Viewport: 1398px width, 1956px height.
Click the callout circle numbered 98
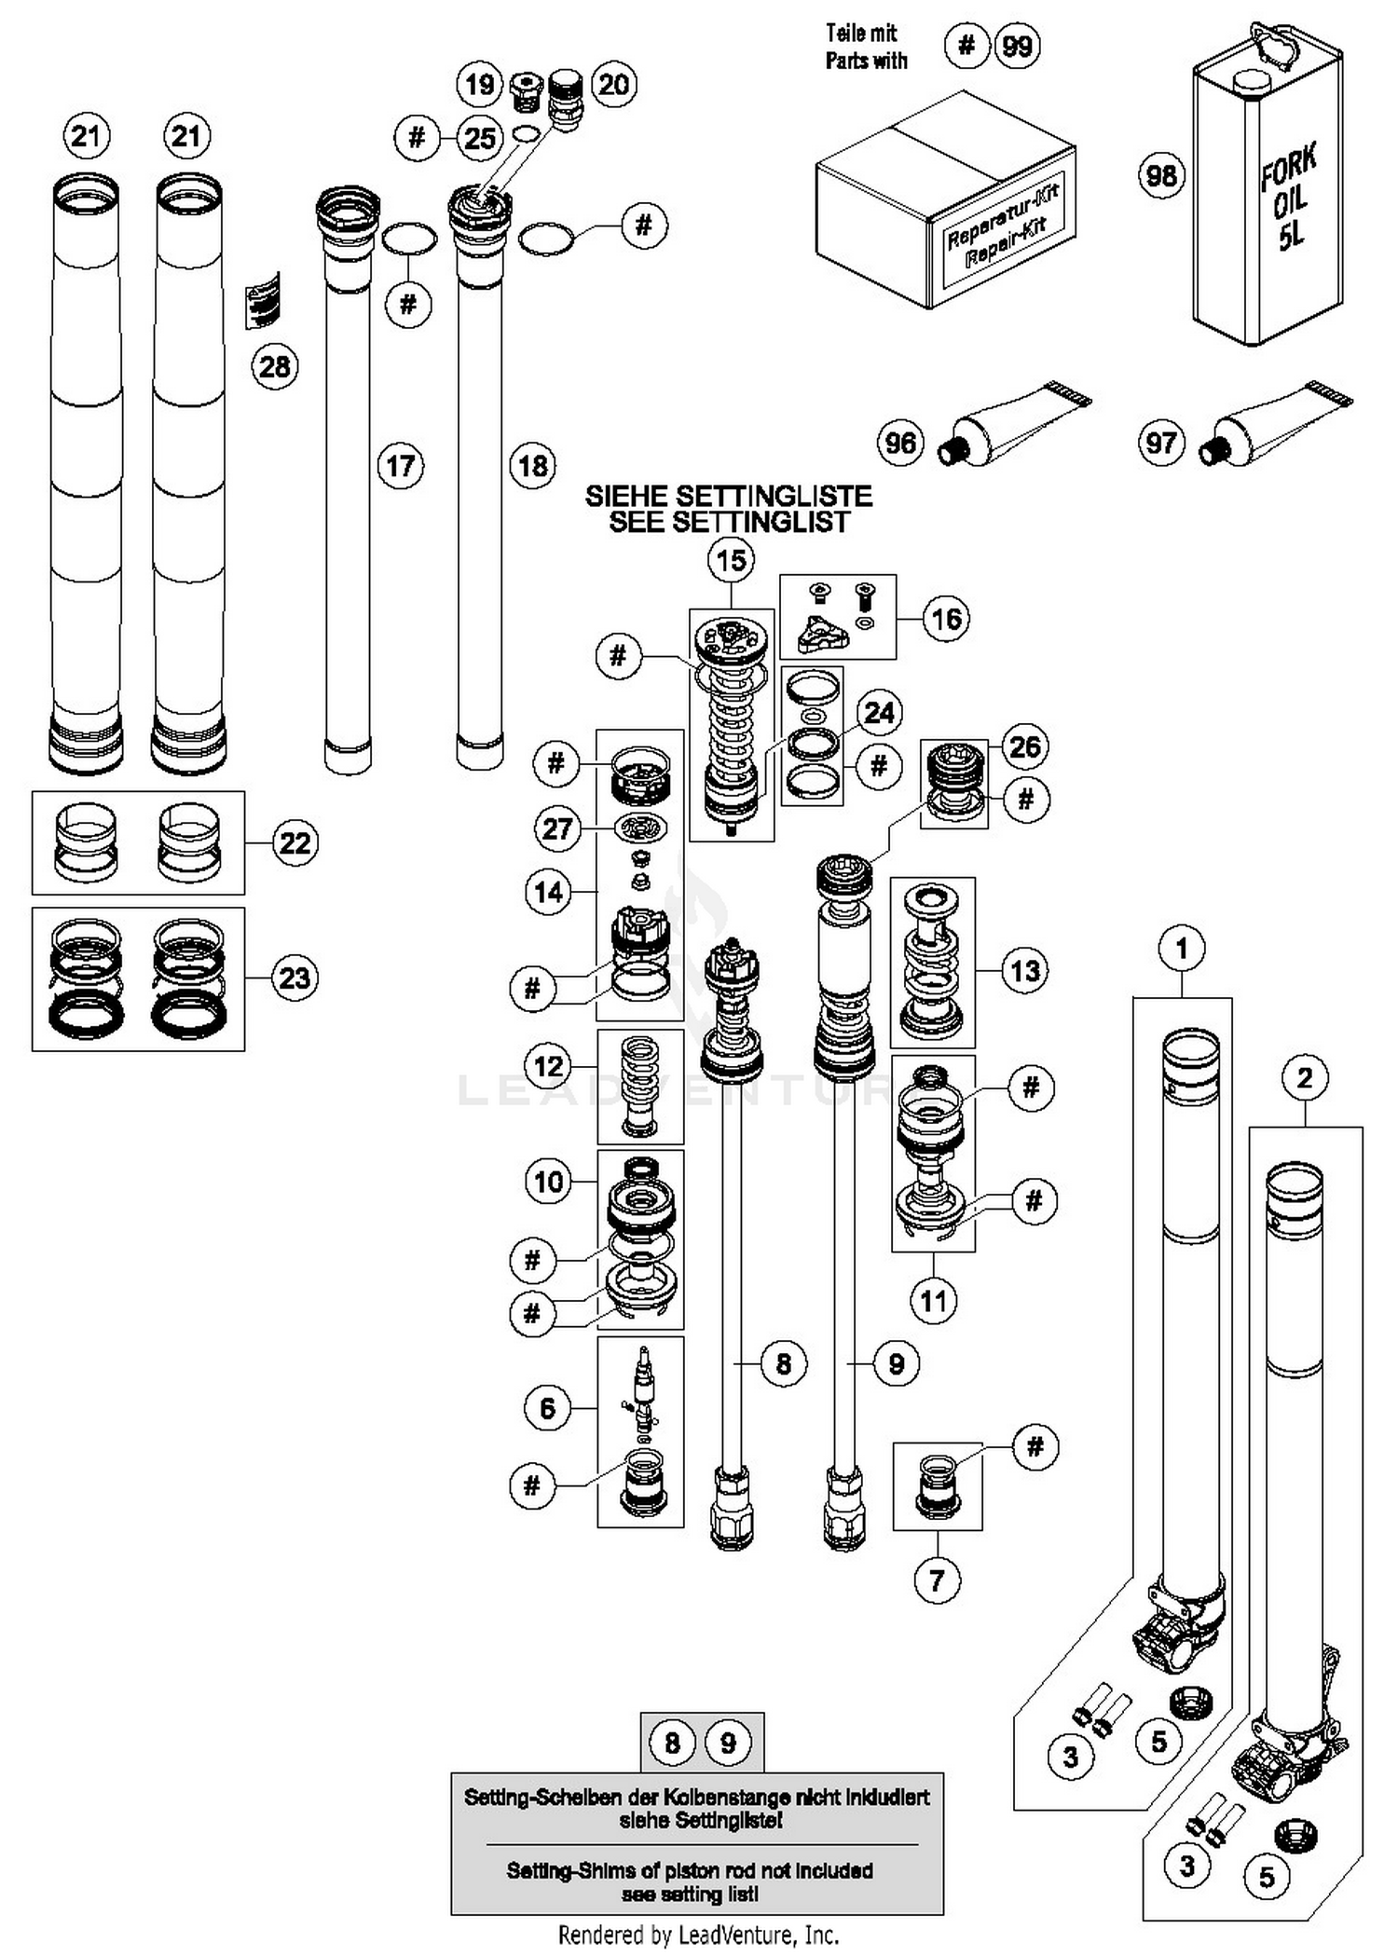point(1161,175)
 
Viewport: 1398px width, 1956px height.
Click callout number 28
point(275,366)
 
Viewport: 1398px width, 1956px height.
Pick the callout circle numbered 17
point(401,465)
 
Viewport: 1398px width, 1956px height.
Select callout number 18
point(533,465)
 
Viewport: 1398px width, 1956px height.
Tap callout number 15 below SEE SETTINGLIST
point(732,560)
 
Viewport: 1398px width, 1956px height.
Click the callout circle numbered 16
point(946,619)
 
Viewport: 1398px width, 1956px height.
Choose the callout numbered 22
point(295,843)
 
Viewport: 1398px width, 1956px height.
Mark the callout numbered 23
point(295,978)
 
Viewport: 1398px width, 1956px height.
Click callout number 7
point(938,1580)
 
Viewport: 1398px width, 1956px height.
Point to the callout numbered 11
point(934,1301)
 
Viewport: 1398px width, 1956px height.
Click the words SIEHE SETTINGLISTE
point(729,496)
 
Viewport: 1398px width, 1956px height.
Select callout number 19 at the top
point(479,85)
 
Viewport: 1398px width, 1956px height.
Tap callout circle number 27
point(556,828)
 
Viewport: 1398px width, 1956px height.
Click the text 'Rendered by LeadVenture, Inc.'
point(698,1935)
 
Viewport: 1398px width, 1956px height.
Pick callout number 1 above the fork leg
point(1182,949)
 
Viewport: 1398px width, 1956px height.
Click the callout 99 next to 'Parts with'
point(1017,45)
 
